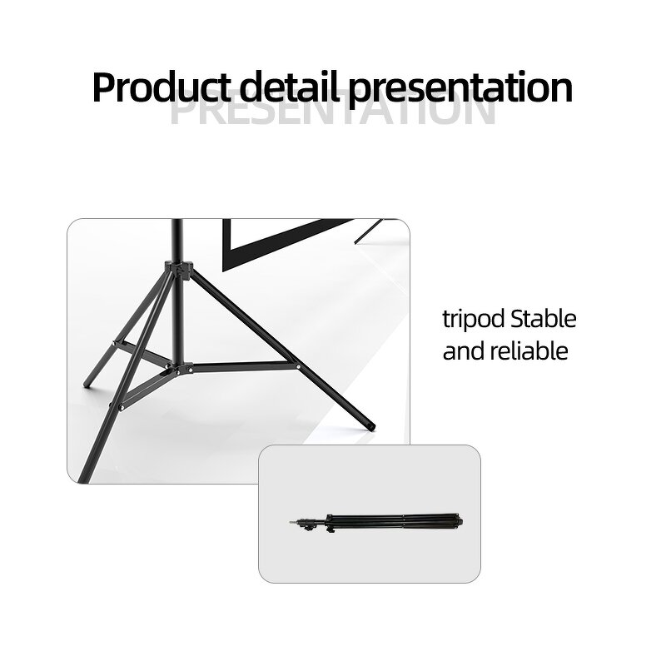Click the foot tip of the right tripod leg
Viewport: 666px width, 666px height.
click(370, 428)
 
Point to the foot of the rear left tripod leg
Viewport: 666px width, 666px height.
click(86, 384)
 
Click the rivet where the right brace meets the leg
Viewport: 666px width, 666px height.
click(296, 364)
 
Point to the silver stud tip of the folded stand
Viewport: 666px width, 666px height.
click(291, 523)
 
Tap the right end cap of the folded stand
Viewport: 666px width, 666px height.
click(458, 521)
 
